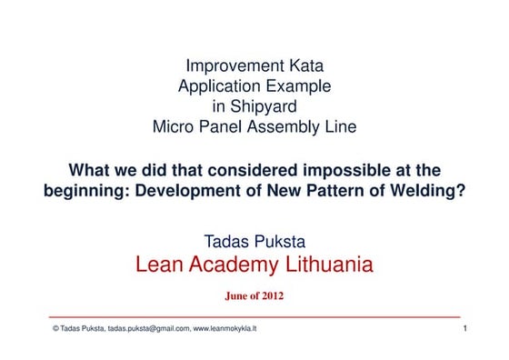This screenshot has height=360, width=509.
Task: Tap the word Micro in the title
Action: click(173, 127)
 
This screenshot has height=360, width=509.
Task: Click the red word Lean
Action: click(160, 265)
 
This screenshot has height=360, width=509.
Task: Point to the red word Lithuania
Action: click(329, 265)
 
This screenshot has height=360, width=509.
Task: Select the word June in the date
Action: click(235, 295)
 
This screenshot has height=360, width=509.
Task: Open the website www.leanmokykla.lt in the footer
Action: click(225, 329)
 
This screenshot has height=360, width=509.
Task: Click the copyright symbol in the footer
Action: click(55, 329)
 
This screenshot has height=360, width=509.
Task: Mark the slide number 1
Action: click(464, 328)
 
